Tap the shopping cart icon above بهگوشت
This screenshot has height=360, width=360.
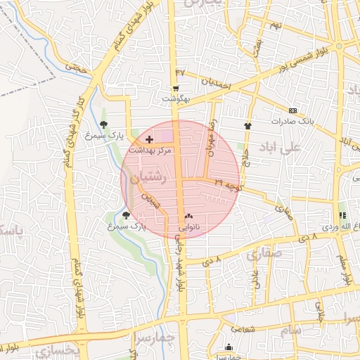point(175,89)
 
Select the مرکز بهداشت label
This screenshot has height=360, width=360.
point(150,150)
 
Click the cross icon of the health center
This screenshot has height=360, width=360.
point(149,140)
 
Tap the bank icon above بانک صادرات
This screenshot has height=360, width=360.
point(293,110)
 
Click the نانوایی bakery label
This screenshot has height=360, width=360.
point(188,227)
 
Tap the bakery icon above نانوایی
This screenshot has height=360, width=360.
point(188,217)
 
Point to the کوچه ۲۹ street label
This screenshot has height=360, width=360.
point(229,185)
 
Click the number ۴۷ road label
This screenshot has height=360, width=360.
point(180,72)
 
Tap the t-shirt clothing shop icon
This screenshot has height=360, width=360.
point(247,126)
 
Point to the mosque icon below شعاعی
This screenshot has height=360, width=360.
point(229,347)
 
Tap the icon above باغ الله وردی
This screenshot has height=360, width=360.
point(342,216)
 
